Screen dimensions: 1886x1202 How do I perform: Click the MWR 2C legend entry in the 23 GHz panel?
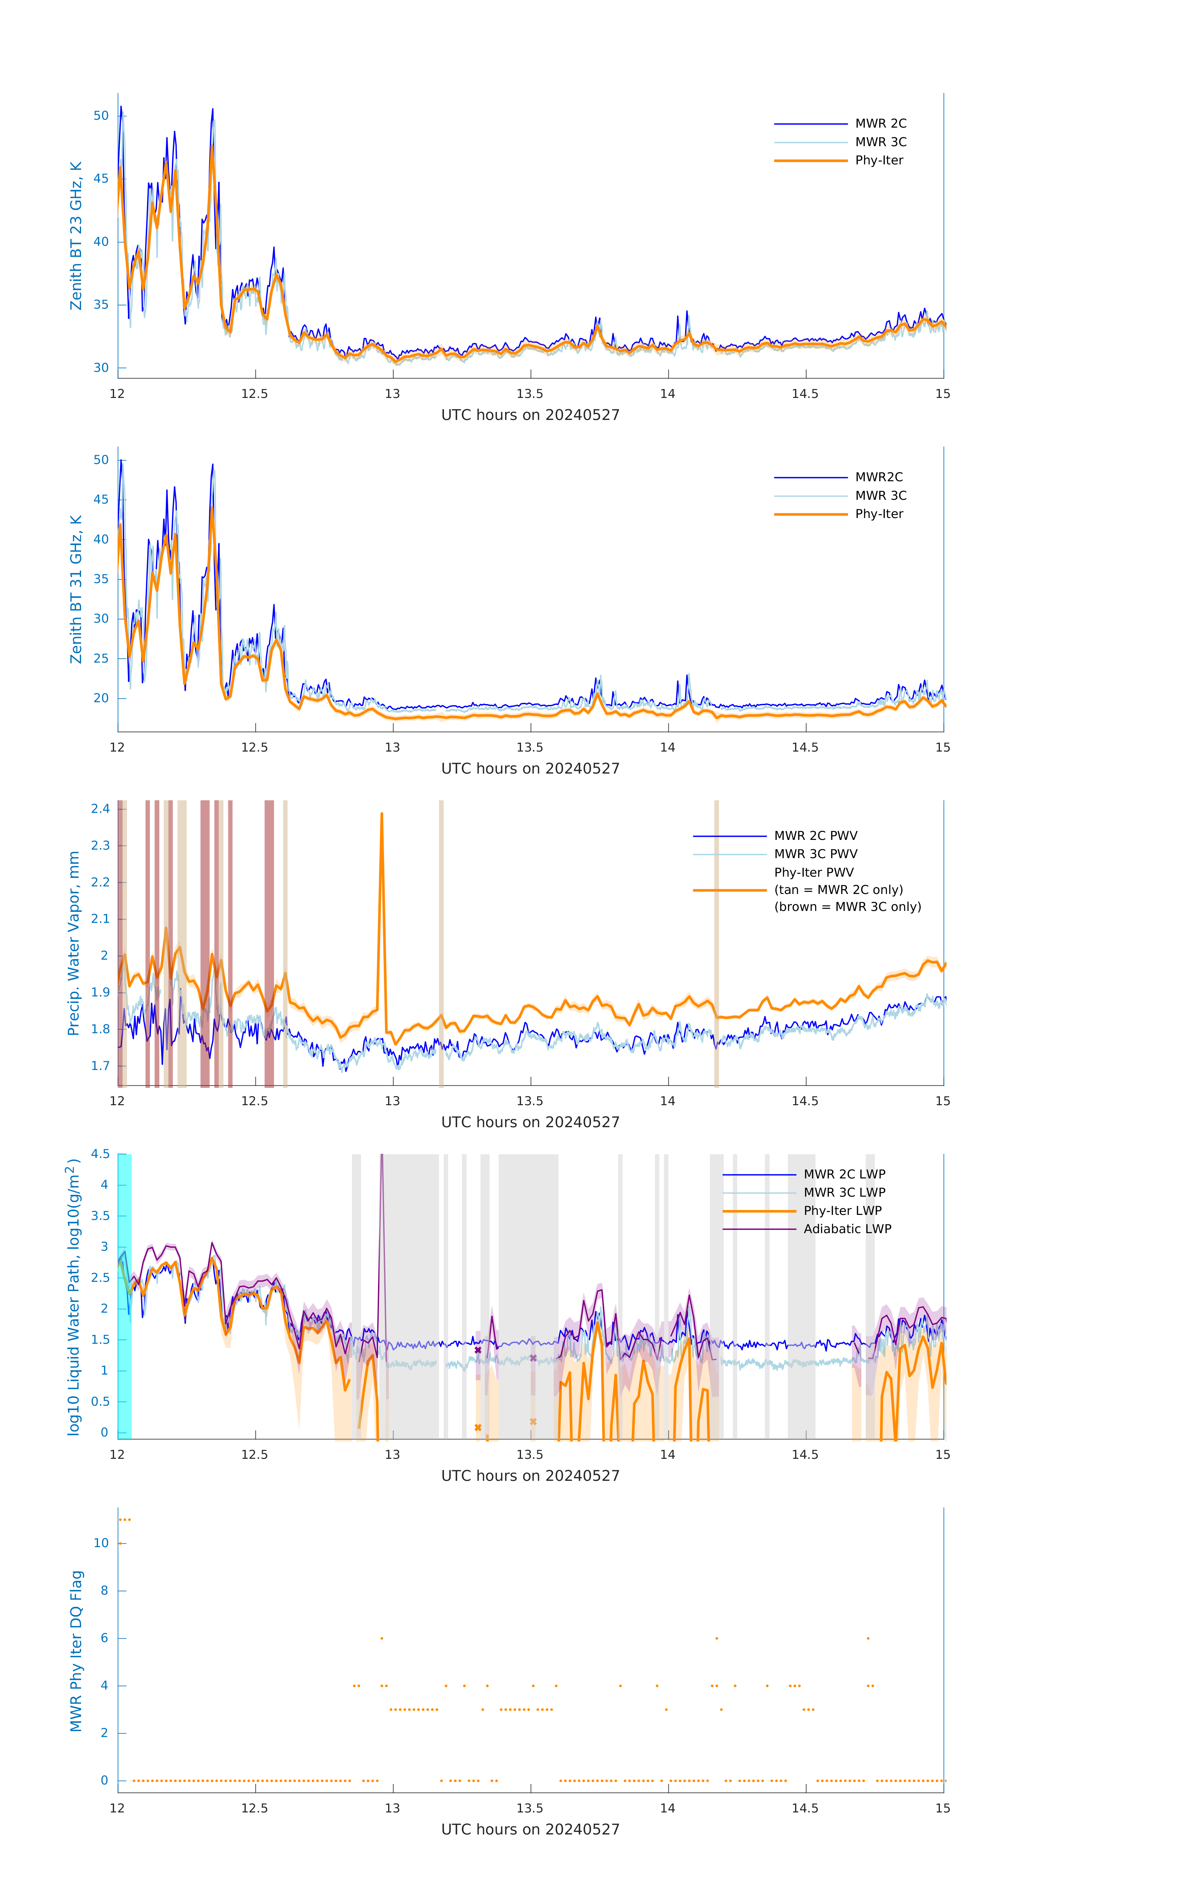coord(880,124)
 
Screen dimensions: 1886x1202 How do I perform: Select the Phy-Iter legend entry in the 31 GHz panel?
coord(879,514)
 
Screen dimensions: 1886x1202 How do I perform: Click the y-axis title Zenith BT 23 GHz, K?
coord(76,236)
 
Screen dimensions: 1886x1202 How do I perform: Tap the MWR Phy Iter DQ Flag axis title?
coord(76,1651)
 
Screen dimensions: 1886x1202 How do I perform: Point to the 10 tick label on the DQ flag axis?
coord(101,1543)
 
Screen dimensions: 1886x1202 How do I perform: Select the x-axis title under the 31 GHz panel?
coord(530,768)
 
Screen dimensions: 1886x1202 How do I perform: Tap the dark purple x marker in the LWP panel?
coord(478,1350)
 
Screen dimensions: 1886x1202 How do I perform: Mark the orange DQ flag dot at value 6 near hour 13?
coord(381,1638)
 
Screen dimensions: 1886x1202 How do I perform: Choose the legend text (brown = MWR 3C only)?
coord(847,907)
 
